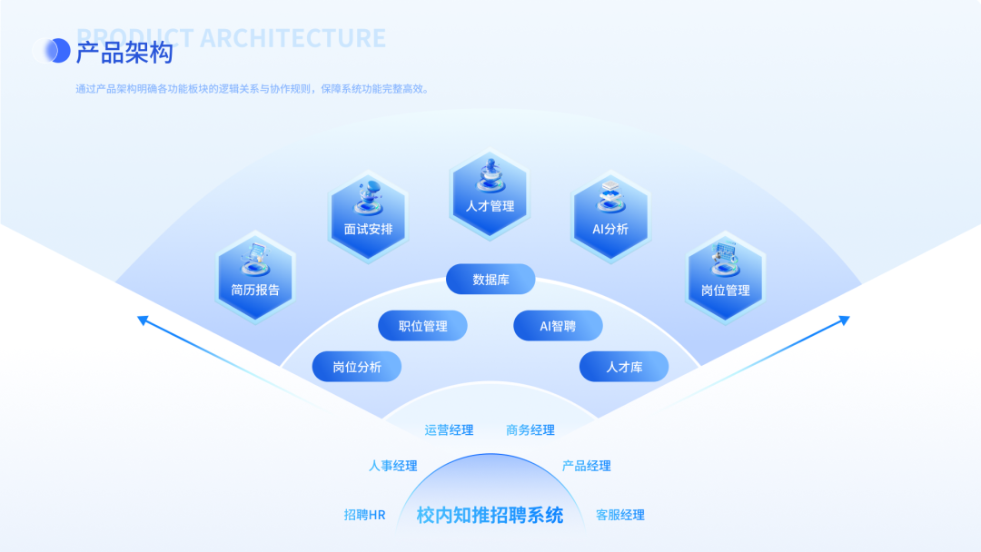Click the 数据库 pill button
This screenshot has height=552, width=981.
490,280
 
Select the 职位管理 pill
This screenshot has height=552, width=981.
423,326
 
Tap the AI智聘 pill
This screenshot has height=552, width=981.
558,326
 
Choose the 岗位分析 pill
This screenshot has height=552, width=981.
356,367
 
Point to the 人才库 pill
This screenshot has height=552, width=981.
624,367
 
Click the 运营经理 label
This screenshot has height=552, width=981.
449,430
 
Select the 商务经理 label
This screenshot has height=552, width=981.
530,430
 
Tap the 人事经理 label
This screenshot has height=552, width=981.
392,466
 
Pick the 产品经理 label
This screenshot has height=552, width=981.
586,466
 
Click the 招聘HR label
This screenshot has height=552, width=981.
364,515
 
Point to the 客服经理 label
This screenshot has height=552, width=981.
619,515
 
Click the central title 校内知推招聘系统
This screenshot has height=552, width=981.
490,516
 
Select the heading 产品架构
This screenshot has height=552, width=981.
124,53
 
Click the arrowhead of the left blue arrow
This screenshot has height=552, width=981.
143,319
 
